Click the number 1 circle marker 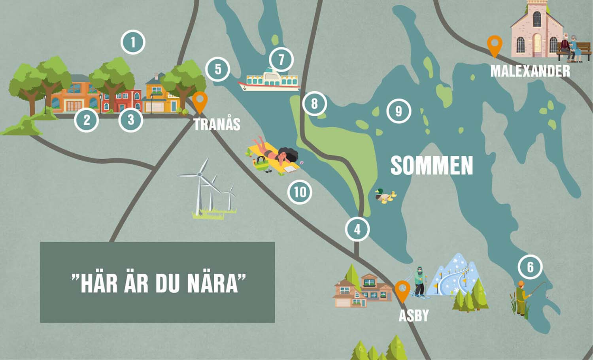[133, 42]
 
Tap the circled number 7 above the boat [281, 60]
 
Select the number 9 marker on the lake [398, 111]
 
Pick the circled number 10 [300, 192]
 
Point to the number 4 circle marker [357, 229]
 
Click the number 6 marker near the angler [530, 267]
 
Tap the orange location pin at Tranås [200, 101]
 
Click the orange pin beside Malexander [494, 45]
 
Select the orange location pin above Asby [402, 290]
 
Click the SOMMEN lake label [431, 165]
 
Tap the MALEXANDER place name [530, 71]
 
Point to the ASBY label [414, 315]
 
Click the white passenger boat [269, 80]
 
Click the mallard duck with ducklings [385, 196]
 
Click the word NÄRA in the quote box [216, 283]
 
